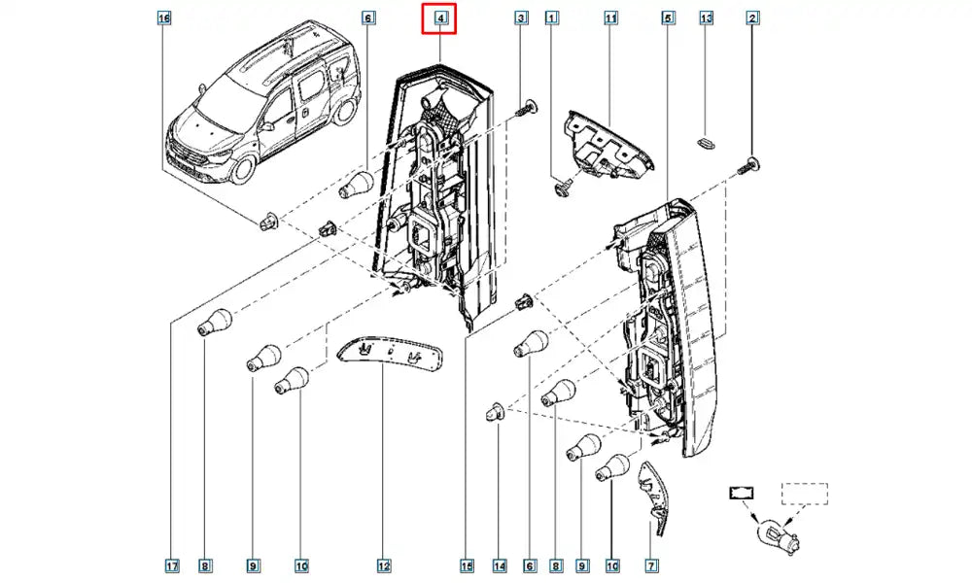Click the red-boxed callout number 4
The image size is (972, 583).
point(439,17)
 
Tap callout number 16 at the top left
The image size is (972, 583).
point(163,17)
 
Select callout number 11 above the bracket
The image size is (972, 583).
point(611,17)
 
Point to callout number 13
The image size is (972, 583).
point(707,17)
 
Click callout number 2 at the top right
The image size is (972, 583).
point(753,17)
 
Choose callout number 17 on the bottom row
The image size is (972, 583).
point(171,566)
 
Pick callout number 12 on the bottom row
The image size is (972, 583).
point(384,566)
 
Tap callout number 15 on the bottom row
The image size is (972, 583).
point(466,566)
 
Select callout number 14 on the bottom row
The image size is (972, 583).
point(500,566)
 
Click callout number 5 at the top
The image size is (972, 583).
point(667,17)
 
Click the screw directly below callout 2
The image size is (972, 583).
point(752,164)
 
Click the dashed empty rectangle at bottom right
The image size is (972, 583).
point(805,494)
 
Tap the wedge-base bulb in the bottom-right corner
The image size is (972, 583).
point(776,531)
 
